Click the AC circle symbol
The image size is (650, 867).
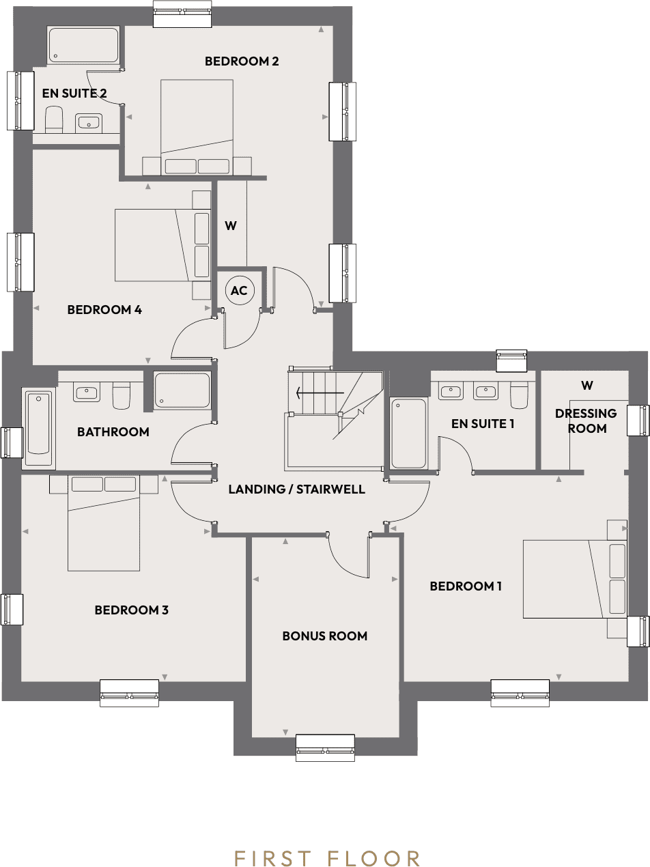[239, 291]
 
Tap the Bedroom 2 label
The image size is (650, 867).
[242, 61]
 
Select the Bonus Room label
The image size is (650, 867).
[325, 636]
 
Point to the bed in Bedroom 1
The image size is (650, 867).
[574, 579]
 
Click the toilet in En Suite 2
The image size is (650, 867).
[53, 119]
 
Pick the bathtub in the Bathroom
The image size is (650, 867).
[38, 428]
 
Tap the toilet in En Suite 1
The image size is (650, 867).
[519, 394]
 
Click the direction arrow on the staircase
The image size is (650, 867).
[319, 393]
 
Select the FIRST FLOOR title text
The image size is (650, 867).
[327, 858]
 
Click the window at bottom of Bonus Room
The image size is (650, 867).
[325, 748]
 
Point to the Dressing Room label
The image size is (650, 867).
[587, 421]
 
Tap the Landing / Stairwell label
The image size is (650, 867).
[297, 489]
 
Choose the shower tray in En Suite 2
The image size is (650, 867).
[83, 44]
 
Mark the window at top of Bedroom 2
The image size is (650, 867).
[182, 14]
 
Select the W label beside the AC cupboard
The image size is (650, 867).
[231, 226]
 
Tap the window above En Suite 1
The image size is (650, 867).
[512, 360]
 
